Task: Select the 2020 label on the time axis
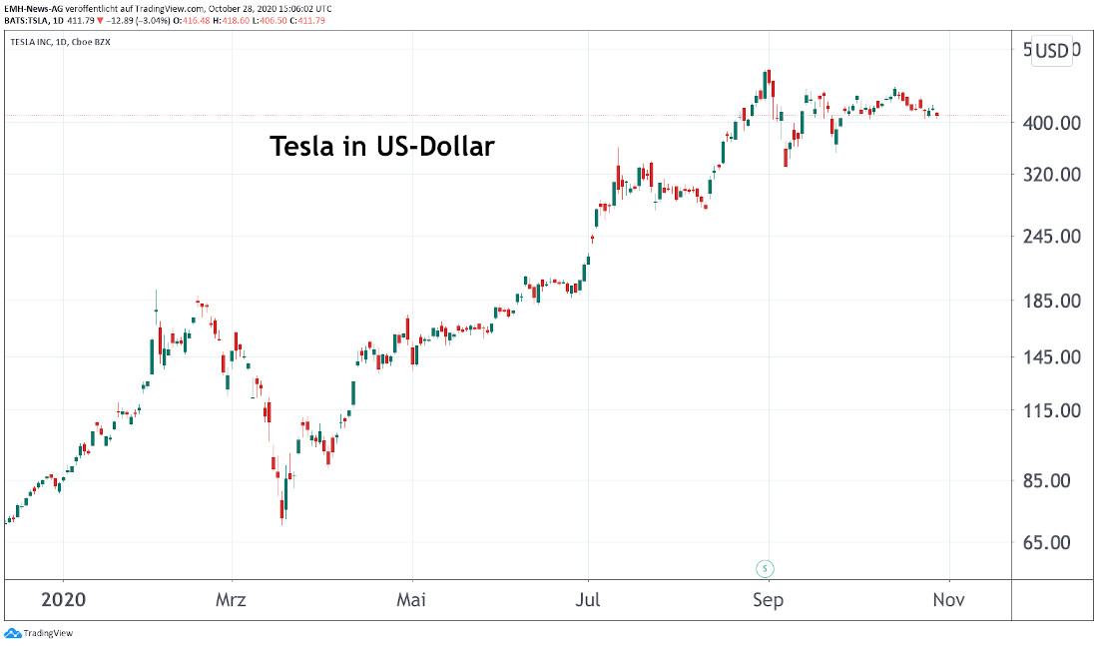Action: click(x=63, y=600)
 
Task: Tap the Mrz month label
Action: click(x=232, y=600)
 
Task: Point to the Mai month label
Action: click(x=411, y=600)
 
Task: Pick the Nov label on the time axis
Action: click(x=948, y=600)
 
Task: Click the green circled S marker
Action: click(x=766, y=568)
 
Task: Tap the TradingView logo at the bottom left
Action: click(x=39, y=633)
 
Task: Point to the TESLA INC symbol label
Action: click(x=41, y=42)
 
